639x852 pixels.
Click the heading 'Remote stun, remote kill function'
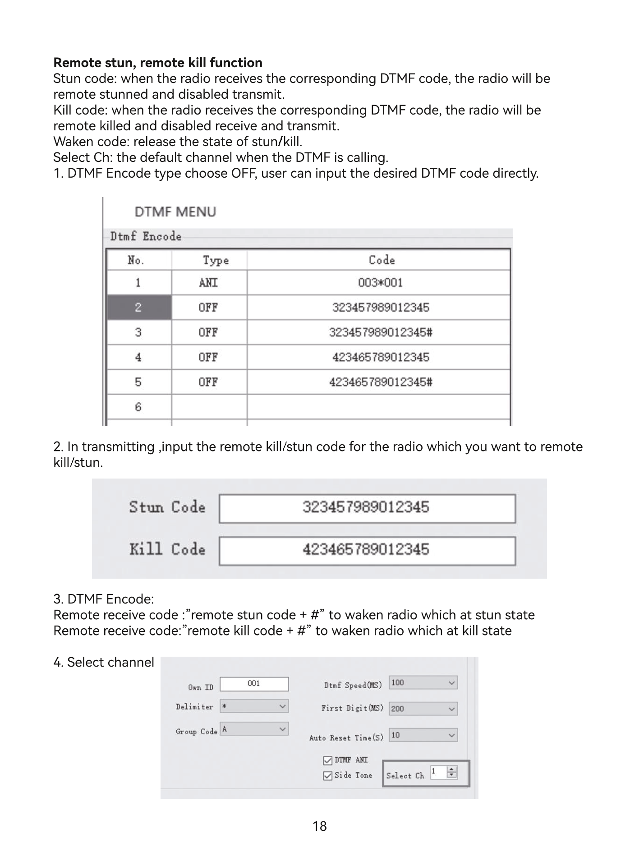[157, 62]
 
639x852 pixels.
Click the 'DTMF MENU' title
[175, 212]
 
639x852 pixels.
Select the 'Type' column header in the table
[215, 260]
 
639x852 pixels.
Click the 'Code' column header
[381, 260]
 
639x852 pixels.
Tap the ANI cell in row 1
[208, 283]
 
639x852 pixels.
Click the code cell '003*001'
[380, 283]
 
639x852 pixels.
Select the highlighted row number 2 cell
[138, 308]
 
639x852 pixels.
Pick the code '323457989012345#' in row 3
[380, 332]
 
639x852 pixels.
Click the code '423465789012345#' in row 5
[380, 382]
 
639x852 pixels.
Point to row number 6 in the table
[138, 407]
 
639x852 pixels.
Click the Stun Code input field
[367, 508]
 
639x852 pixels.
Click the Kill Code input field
[367, 550]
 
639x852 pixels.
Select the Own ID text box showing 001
[254, 684]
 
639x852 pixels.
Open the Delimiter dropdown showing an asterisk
[254, 706]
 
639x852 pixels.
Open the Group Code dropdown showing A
[254, 729]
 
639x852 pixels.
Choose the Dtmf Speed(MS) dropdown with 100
[423, 683]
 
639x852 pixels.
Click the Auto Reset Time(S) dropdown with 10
[423, 735]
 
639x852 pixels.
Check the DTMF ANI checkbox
[328, 761]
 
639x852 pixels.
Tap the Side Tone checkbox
[328, 776]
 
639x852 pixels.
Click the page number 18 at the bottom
[319, 826]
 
